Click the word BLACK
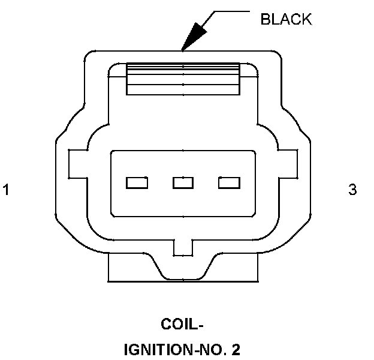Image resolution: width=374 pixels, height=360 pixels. [x=286, y=19]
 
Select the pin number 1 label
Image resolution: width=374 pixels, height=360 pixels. [x=6, y=190]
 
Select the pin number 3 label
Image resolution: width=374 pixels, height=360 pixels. [x=352, y=190]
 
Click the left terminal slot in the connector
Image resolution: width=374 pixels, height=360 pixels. [x=137, y=182]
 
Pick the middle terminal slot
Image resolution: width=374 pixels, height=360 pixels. [x=183, y=182]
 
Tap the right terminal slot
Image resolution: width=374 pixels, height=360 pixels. [x=229, y=182]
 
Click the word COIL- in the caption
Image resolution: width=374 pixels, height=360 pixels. [x=183, y=325]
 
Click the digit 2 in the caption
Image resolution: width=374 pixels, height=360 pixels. [x=237, y=348]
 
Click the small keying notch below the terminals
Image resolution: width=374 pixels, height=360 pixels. [x=183, y=247]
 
